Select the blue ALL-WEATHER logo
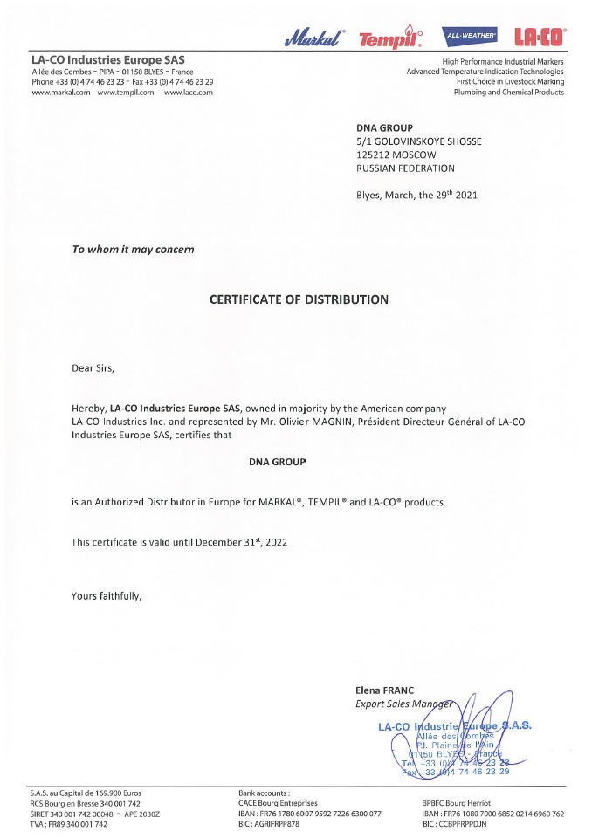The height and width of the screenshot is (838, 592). coord(471,36)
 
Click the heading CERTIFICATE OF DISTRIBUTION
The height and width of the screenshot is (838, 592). coord(299,299)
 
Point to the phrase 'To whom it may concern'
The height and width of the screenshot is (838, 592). coord(133,250)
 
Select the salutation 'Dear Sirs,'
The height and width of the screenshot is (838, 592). coord(93,367)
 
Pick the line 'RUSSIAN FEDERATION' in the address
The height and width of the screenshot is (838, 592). coord(405,168)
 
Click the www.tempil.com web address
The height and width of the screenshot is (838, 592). coord(126,92)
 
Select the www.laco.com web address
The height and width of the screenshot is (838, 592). coord(189,92)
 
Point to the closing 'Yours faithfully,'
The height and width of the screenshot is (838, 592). coord(106,596)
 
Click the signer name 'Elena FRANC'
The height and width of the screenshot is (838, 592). coord(384,690)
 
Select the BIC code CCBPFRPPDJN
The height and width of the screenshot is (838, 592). coord(454,824)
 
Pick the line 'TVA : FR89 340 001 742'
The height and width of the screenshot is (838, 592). coord(69,824)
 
